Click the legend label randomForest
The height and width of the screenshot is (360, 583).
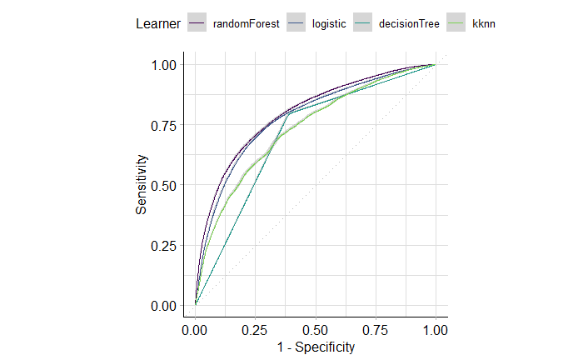pyautogui.click(x=246, y=24)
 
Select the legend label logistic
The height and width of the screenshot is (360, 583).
pyautogui.click(x=329, y=24)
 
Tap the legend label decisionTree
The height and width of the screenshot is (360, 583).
pyautogui.click(x=409, y=24)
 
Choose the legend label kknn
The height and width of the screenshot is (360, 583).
pyautogui.click(x=484, y=24)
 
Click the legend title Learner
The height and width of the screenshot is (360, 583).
pyautogui.click(x=158, y=24)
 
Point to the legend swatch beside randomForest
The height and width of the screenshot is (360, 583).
pyautogui.click(x=197, y=24)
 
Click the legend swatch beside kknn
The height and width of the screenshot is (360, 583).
pyautogui.click(x=457, y=24)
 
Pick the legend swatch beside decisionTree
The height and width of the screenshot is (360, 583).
pyautogui.click(x=363, y=24)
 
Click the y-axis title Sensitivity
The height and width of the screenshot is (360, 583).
pyautogui.click(x=142, y=185)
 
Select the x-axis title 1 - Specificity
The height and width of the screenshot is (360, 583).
pyautogui.click(x=314, y=347)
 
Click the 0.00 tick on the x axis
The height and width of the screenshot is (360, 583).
pyautogui.click(x=195, y=330)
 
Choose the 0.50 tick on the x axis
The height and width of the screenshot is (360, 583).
pyautogui.click(x=314, y=330)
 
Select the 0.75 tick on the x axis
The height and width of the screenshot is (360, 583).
pyautogui.click(x=374, y=330)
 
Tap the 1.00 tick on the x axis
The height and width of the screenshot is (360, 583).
pyautogui.click(x=434, y=330)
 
